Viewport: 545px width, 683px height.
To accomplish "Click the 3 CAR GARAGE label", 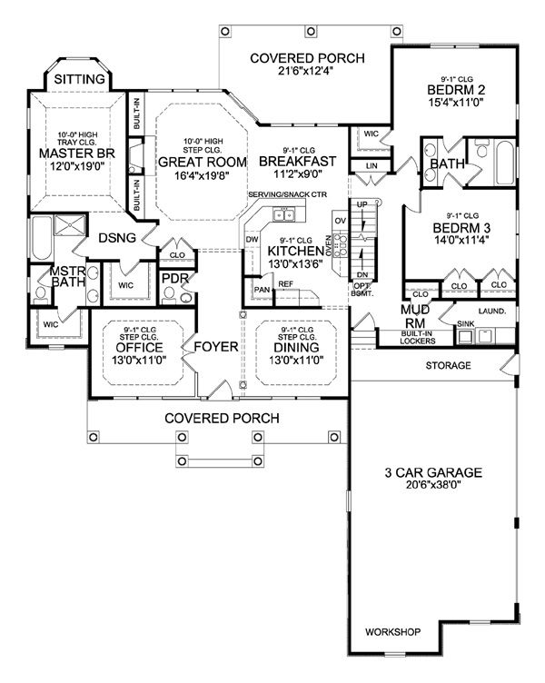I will click(x=431, y=472).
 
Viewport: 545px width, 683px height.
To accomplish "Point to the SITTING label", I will click(x=79, y=80).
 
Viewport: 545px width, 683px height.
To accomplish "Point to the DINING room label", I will click(x=292, y=348).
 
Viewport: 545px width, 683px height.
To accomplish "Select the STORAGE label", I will click(x=449, y=366).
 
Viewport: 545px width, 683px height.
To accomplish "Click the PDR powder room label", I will click(x=173, y=279).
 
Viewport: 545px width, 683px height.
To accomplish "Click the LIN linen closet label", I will click(x=372, y=166).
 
